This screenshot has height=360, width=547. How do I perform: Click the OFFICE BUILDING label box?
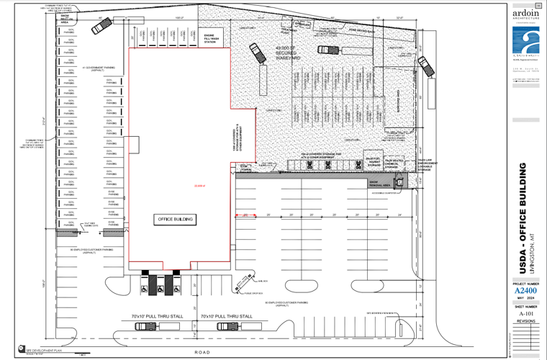pos(176,220)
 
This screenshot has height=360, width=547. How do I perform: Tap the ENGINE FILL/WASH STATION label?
pos(211,38)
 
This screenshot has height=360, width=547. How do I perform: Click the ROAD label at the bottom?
pos(202,353)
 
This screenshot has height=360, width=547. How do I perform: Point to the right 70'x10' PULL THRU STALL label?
pos(227,316)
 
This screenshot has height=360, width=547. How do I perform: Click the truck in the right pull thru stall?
pos(228,326)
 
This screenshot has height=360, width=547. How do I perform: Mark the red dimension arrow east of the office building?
pos(245,215)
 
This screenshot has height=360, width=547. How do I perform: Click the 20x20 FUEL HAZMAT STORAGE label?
pos(374,163)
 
